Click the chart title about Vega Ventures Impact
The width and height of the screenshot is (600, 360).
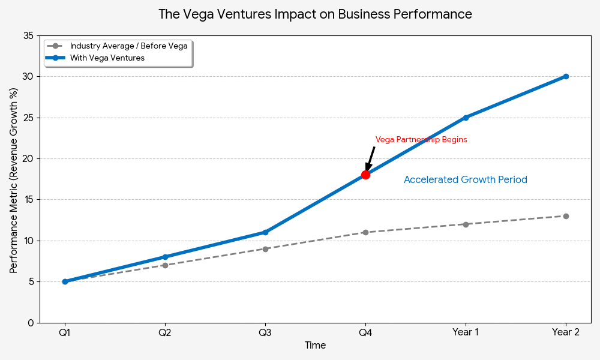[x=315, y=14]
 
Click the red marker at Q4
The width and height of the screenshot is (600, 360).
[x=365, y=175]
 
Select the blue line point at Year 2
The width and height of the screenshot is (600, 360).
[x=566, y=76]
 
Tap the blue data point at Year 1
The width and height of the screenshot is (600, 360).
[x=466, y=118]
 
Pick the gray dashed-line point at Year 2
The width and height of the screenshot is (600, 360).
[x=566, y=216]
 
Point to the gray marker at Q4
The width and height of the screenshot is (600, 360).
[x=365, y=232]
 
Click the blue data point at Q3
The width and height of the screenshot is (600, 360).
[x=265, y=232]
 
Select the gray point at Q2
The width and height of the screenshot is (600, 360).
[x=165, y=265]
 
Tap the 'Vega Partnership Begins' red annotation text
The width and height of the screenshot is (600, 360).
[x=421, y=140]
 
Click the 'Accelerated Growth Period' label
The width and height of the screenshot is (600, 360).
[x=466, y=180]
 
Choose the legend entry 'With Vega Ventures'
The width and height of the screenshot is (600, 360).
[x=107, y=58]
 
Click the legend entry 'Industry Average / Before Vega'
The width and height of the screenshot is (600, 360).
[x=128, y=46]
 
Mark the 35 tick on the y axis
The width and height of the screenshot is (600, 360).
[x=28, y=35]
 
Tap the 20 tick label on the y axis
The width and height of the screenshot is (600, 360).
[x=28, y=158]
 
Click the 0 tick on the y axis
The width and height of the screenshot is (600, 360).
[x=31, y=323]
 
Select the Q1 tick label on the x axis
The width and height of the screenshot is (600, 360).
[x=65, y=332]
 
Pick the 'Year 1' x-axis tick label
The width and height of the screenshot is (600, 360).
[x=466, y=332]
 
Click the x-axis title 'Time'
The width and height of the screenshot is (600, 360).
[x=315, y=346]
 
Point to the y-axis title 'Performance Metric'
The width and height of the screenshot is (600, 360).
[x=14, y=180]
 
